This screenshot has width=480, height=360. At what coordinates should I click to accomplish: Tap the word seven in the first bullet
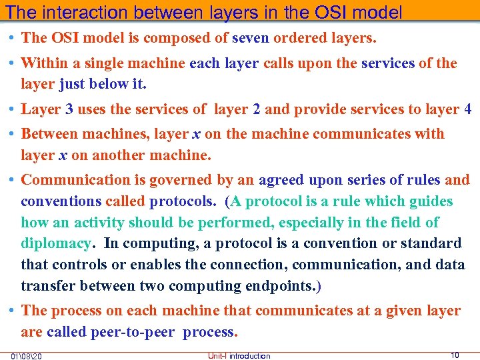[x=249, y=38]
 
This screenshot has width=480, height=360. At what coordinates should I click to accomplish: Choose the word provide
[x=319, y=109]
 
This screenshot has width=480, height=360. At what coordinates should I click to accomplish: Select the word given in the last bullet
[x=381, y=311]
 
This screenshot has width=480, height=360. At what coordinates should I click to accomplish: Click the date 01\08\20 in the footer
[x=27, y=355]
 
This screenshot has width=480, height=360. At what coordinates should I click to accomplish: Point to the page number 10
[x=455, y=355]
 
